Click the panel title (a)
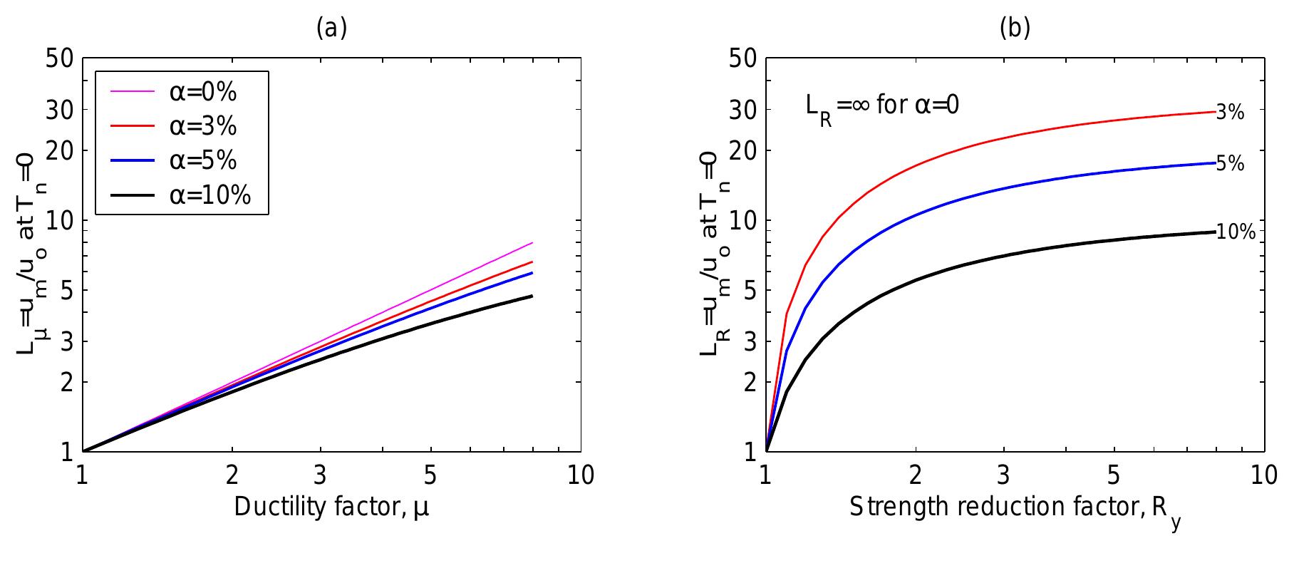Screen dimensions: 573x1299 [x=331, y=28]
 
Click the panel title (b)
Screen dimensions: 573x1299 [x=1015, y=28]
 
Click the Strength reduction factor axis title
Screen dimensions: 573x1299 [x=1015, y=508]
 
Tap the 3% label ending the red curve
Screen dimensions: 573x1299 [x=1230, y=112]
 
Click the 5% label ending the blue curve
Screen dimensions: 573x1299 [x=1230, y=164]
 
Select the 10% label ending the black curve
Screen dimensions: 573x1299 [x=1235, y=232]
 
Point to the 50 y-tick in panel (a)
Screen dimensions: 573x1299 [x=60, y=58]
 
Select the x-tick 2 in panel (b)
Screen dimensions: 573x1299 [x=916, y=475]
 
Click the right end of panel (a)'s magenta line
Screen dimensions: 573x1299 [x=532, y=243]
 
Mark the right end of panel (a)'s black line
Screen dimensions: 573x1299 [x=532, y=296]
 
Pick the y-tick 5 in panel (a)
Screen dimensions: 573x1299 [x=66, y=290]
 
